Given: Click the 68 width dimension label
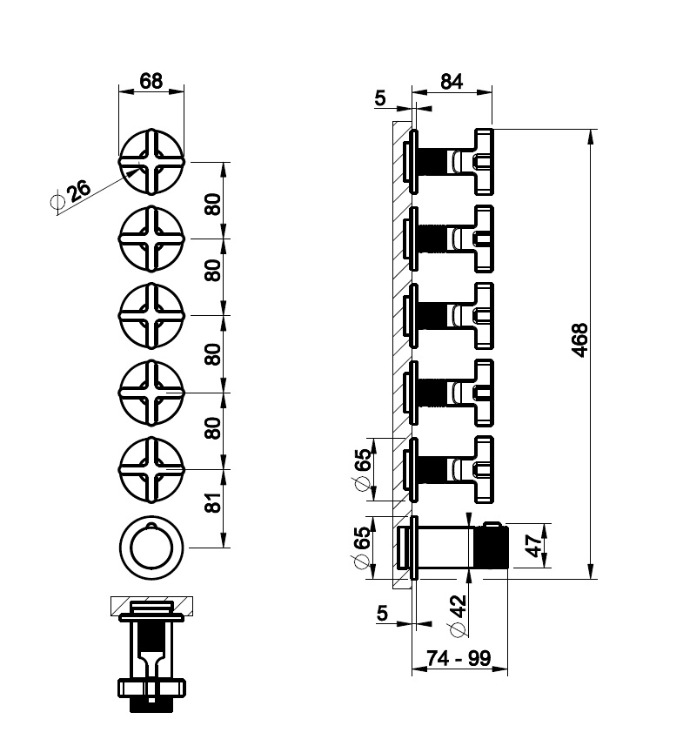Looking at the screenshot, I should pos(151,81).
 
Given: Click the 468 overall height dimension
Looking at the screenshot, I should pos(581,343).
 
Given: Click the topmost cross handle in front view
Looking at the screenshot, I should pos(151,162).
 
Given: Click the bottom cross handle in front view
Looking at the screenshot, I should pos(151,469).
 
